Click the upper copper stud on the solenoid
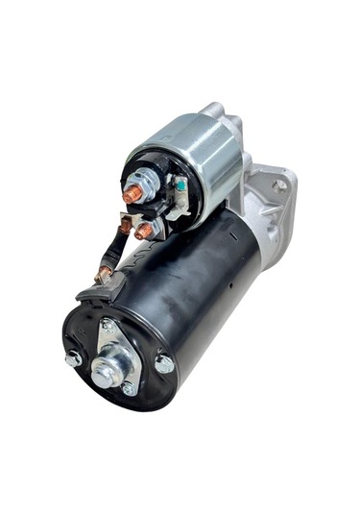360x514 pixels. (x=133, y=192)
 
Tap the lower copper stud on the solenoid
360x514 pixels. (x=144, y=231)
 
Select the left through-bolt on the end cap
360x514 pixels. (x=73, y=359)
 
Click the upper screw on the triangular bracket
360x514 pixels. (x=107, y=326)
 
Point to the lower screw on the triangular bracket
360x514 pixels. (x=129, y=388)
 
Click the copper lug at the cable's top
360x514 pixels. (x=124, y=226)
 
